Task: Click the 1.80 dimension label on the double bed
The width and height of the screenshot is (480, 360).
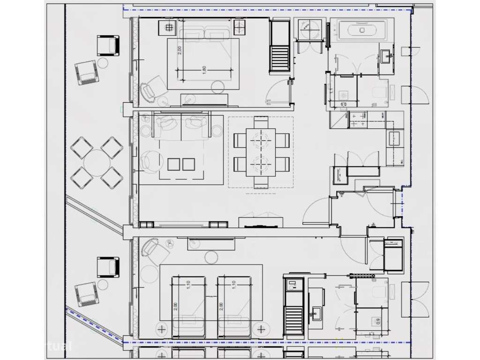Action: [x=204, y=69]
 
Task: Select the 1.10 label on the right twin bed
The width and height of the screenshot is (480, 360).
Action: [x=233, y=284]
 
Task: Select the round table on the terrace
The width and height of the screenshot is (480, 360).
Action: [x=97, y=162]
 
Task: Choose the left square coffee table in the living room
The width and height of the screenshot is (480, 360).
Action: [x=173, y=164]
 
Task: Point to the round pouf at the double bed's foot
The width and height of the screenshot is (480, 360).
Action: [x=217, y=87]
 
